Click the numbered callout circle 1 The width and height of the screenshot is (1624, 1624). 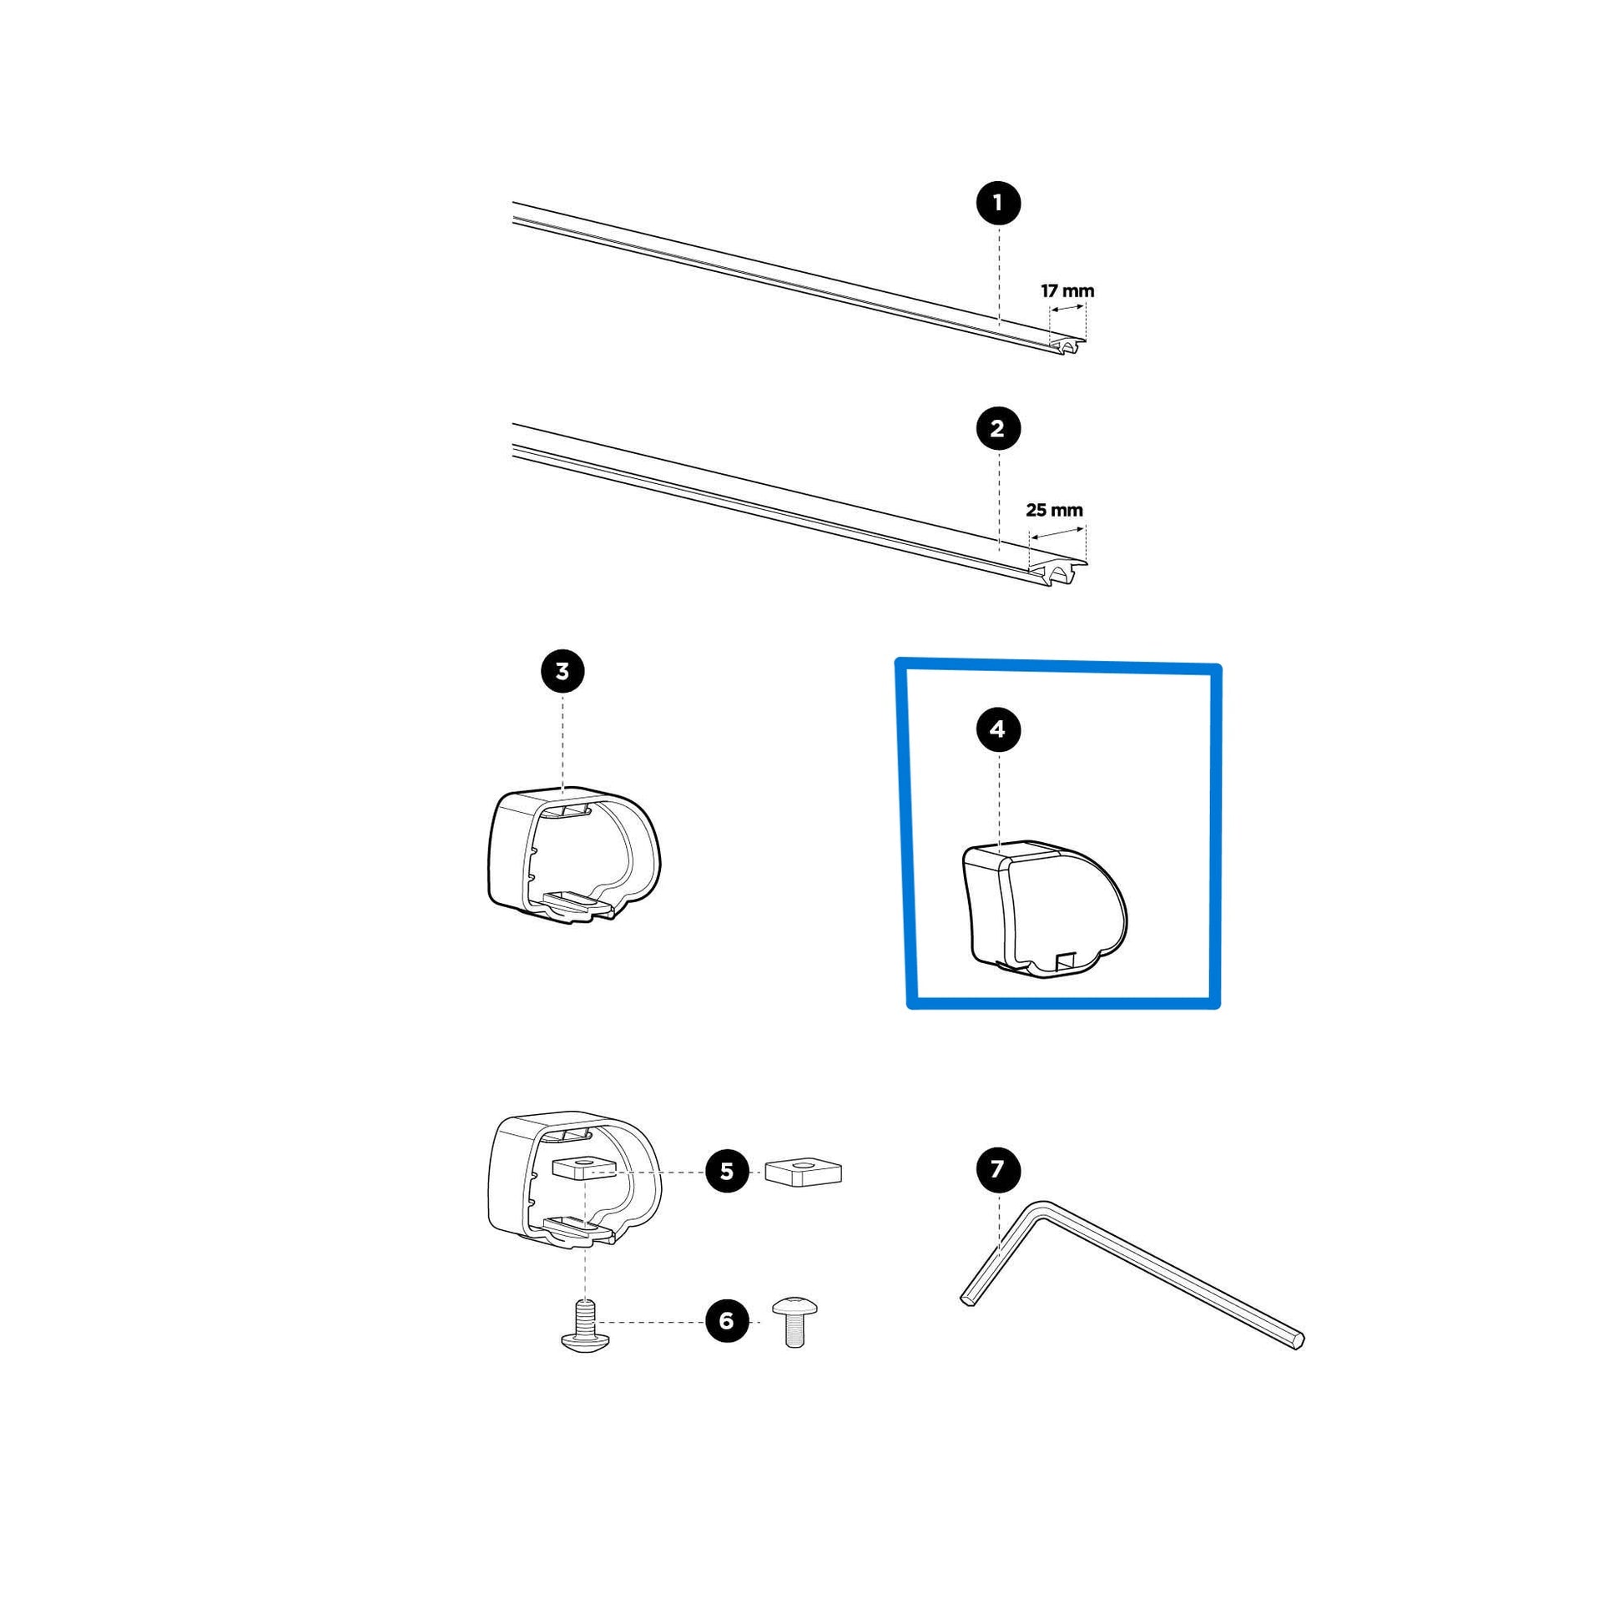(x=998, y=203)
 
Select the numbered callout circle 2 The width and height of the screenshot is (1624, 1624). (x=998, y=429)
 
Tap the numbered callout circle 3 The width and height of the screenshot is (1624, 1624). (x=562, y=672)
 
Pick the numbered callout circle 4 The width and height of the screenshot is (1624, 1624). (x=998, y=729)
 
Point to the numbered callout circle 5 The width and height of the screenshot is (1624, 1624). (x=727, y=1171)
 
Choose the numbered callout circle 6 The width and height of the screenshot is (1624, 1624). (x=727, y=1320)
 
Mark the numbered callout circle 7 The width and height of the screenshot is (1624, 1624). (x=998, y=1169)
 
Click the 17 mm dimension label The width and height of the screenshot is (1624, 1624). (x=1067, y=291)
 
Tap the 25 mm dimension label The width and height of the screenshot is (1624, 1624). (x=1054, y=509)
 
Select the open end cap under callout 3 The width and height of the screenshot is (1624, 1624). (x=574, y=855)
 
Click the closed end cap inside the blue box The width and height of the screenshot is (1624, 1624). (x=1044, y=910)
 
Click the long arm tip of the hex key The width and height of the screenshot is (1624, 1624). (x=1299, y=1339)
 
